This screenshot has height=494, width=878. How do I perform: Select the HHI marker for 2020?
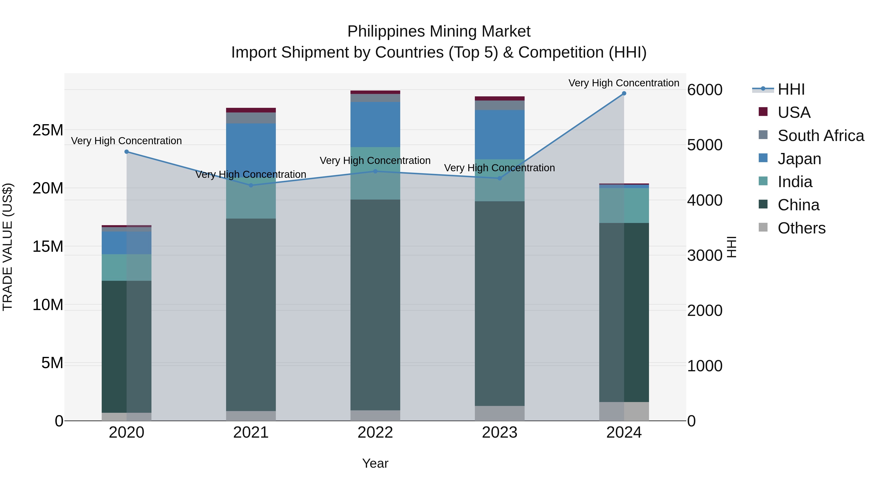126,152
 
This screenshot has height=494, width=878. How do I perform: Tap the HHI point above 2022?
375,171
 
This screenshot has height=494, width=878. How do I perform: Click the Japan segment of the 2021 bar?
251,150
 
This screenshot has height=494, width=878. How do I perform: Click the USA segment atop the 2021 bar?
251,110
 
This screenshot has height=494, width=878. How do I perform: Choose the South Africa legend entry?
821,136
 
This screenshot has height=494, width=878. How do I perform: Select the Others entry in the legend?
801,228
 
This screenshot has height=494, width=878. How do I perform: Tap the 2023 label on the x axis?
500,433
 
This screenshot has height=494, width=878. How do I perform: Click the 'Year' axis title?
375,463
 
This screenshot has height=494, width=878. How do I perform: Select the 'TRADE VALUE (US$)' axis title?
8,247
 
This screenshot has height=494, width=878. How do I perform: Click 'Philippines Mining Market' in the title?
439,31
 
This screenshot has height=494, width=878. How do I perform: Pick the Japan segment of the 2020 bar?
126,243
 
